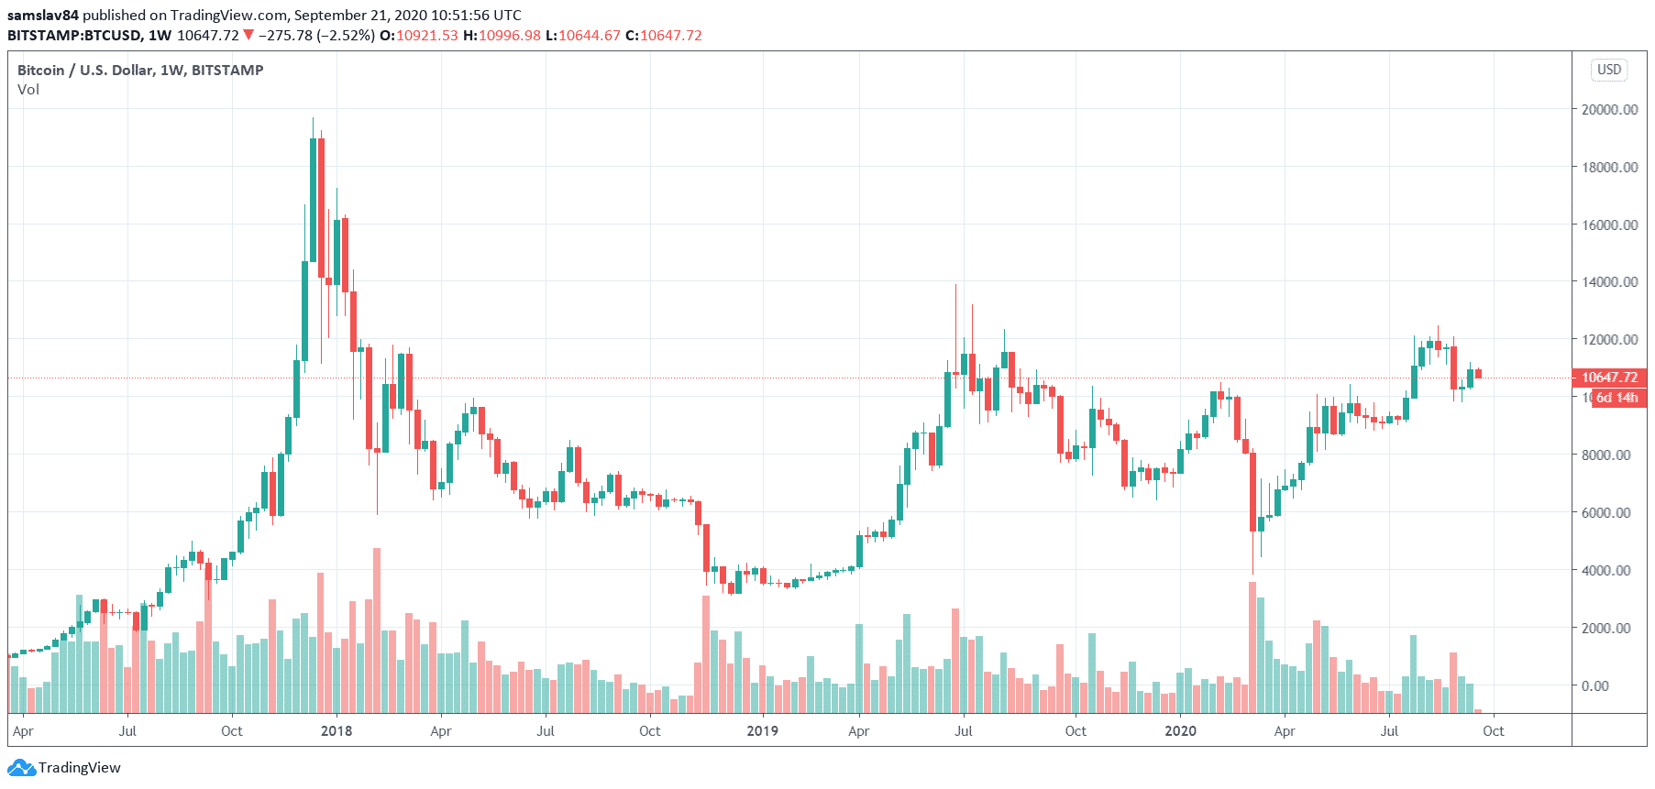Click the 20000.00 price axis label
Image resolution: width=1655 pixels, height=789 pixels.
tap(1609, 109)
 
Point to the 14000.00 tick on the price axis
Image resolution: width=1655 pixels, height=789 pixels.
tap(1609, 282)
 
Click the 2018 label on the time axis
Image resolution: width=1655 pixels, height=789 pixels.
tap(337, 731)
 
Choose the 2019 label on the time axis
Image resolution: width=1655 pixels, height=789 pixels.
tap(762, 731)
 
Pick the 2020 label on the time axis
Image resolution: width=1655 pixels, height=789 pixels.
tap(1180, 731)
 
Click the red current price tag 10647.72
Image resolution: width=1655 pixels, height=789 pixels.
tap(1609, 378)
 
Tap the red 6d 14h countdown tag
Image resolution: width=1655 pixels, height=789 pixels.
tap(1616, 398)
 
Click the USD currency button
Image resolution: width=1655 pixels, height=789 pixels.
tap(1609, 70)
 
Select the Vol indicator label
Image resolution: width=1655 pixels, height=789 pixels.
tap(28, 90)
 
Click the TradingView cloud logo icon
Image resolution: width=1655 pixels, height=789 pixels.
tap(21, 768)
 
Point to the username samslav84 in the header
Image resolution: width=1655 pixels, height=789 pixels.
tap(43, 15)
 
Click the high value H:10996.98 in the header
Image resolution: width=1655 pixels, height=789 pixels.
tap(502, 35)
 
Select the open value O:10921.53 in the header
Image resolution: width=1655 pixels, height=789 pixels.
tap(419, 35)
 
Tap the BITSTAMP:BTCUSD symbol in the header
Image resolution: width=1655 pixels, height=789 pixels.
tap(74, 35)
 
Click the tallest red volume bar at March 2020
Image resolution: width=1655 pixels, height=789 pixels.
tap(1252, 647)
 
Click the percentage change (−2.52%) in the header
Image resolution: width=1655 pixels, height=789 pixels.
tap(347, 35)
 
